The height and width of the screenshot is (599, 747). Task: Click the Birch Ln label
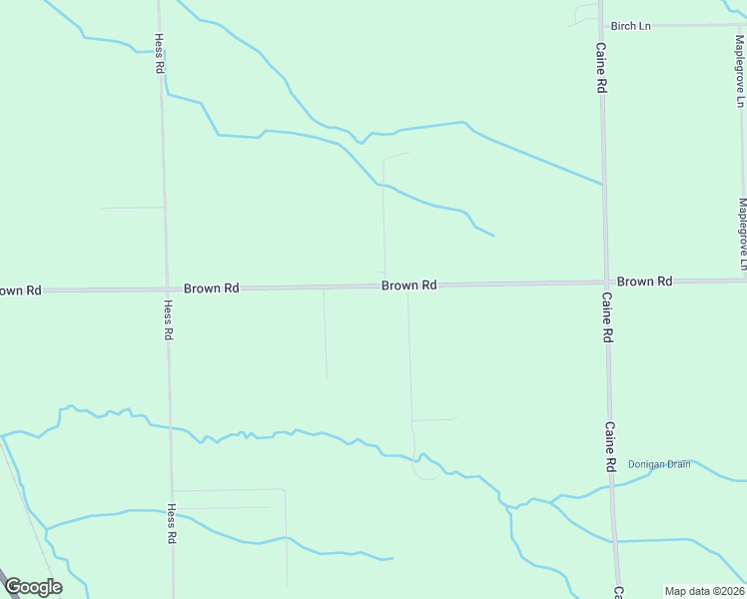(x=630, y=25)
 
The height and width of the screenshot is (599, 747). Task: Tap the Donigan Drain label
(x=658, y=464)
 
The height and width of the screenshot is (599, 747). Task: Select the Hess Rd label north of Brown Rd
(x=158, y=54)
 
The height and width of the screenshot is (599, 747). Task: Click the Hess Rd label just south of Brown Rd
(x=168, y=321)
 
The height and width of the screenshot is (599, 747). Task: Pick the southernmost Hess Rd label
(x=171, y=523)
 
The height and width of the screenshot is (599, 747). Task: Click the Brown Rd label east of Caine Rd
(x=644, y=282)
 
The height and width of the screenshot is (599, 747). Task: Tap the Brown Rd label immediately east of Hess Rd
(x=211, y=288)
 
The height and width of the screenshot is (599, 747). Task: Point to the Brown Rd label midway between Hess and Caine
(x=408, y=286)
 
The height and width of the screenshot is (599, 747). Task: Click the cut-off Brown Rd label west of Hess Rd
(x=19, y=291)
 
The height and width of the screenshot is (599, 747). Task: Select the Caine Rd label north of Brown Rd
(x=601, y=68)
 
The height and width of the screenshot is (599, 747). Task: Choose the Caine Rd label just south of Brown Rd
(x=606, y=317)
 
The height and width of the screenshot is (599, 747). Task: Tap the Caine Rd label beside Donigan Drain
(x=608, y=446)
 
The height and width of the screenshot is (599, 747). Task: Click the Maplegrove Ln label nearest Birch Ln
(x=740, y=71)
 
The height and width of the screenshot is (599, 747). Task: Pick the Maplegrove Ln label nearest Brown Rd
(x=742, y=234)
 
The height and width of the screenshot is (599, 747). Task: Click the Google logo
(x=33, y=587)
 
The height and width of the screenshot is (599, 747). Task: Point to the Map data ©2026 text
(x=704, y=591)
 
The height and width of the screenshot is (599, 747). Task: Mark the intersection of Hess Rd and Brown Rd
(x=165, y=290)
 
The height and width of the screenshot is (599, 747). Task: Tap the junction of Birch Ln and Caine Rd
(x=599, y=25)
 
